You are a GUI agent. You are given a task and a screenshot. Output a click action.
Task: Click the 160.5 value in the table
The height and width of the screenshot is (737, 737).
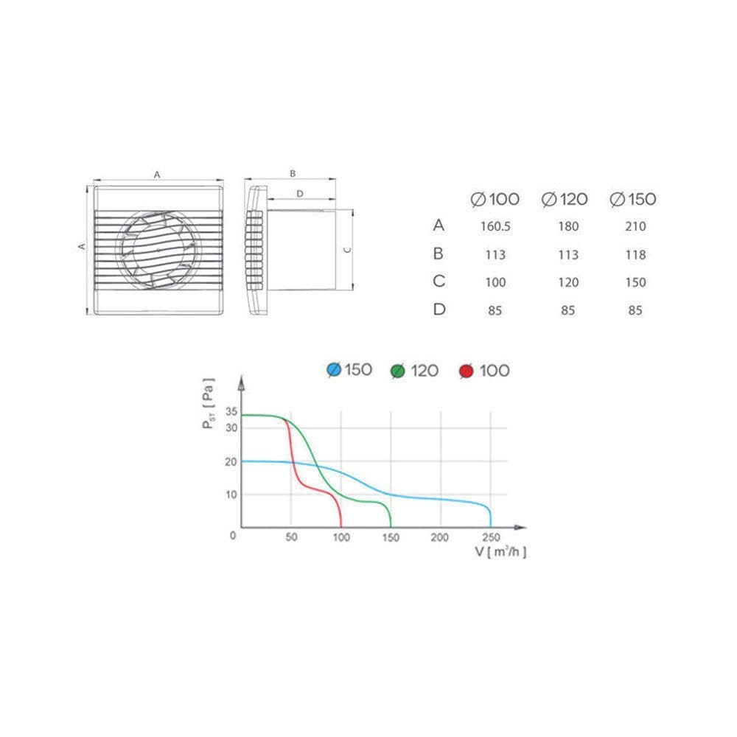(x=495, y=226)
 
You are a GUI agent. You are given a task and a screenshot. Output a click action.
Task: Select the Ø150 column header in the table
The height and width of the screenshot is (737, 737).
(x=632, y=199)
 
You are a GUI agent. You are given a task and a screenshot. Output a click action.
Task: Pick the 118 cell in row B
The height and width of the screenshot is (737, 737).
(x=635, y=255)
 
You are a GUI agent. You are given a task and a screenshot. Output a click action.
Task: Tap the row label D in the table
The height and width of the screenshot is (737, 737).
(x=439, y=310)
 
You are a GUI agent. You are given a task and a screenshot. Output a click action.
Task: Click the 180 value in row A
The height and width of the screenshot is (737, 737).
(x=568, y=226)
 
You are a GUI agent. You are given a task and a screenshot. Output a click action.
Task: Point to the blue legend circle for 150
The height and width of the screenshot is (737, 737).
(x=334, y=370)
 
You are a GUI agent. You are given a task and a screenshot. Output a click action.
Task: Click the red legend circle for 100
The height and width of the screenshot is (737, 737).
(x=467, y=371)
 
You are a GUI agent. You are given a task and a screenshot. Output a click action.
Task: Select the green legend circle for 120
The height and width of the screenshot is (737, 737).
(x=398, y=371)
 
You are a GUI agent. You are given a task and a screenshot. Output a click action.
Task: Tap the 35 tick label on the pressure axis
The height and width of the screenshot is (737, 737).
(x=231, y=412)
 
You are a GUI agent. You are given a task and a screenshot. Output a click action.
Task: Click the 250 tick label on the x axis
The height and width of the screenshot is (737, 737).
(x=491, y=537)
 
